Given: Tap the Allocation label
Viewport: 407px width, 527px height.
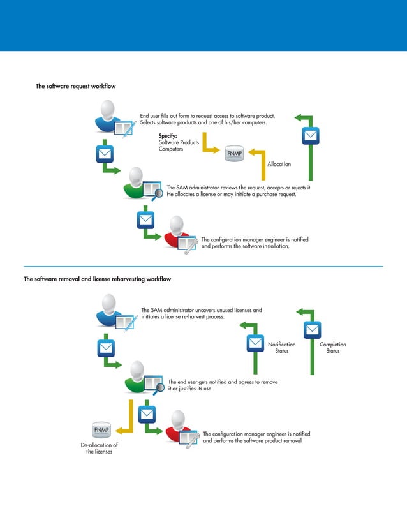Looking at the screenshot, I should tap(279, 164).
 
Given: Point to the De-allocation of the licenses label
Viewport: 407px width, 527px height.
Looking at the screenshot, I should tap(99, 448).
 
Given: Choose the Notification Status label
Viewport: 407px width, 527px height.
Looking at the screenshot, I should tap(281, 348).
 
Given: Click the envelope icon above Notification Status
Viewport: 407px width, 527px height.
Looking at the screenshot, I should tap(256, 343).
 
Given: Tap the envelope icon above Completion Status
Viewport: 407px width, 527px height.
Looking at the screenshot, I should tap(312, 329).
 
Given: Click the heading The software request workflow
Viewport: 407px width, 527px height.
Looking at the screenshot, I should tap(75, 86).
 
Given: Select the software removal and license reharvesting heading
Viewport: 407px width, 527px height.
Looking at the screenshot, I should tap(97, 279).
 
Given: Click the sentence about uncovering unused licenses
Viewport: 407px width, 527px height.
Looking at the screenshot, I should tap(201, 313).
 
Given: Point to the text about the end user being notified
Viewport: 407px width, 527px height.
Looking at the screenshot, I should tap(223, 384).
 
